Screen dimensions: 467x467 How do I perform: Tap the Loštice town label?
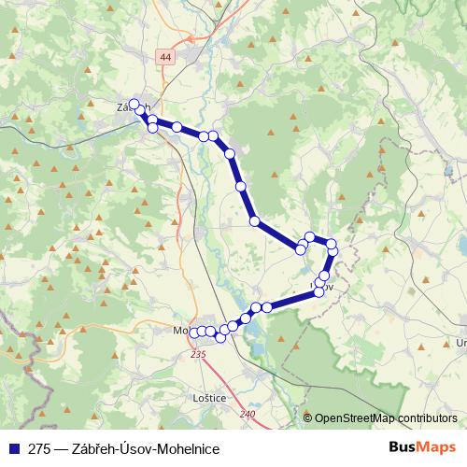208,397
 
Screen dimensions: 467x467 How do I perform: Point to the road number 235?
197,355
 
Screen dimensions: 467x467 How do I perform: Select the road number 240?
247,414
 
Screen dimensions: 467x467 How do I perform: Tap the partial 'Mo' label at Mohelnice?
180,331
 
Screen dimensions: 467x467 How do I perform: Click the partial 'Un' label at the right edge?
460,343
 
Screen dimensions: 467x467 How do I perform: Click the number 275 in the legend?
40,448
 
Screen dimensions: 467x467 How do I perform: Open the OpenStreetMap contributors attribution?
386,417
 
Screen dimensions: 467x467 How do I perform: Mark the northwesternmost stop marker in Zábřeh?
134,104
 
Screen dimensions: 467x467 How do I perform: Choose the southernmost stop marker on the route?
220,337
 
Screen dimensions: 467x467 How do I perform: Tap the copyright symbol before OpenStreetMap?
309,417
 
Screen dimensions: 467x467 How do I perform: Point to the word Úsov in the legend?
134,448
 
